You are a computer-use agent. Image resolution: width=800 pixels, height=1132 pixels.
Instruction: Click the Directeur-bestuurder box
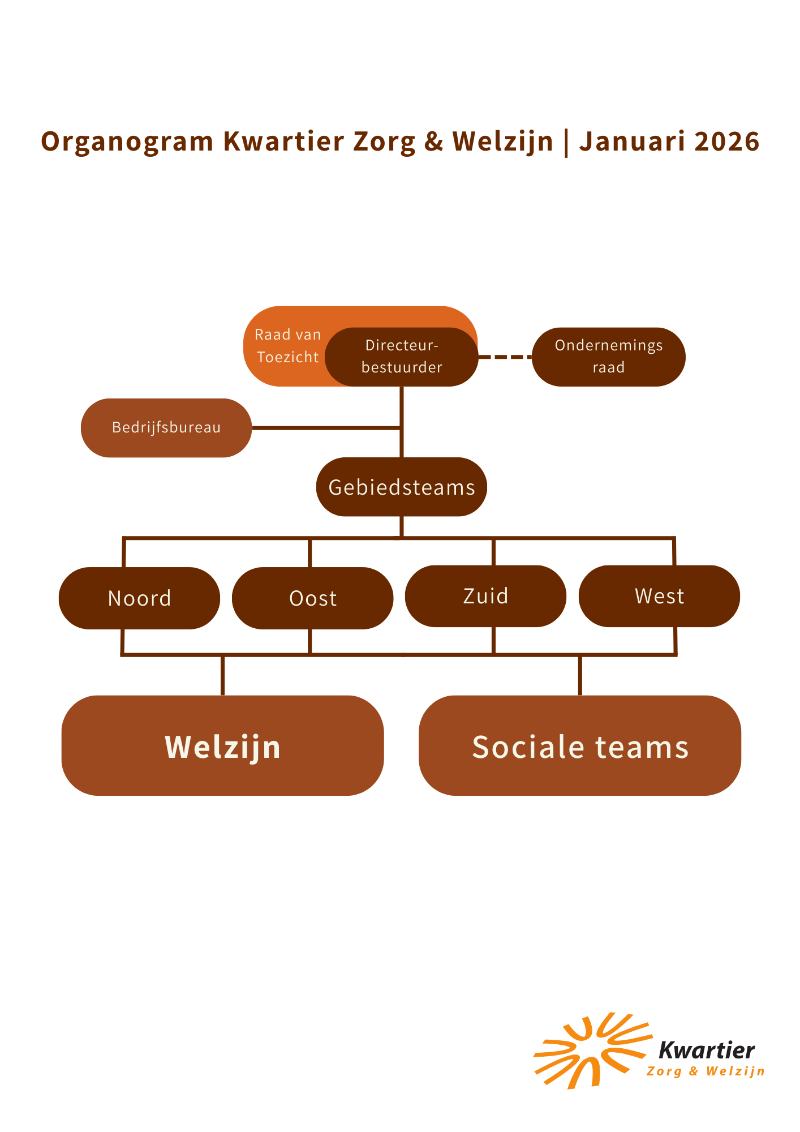[x=402, y=357]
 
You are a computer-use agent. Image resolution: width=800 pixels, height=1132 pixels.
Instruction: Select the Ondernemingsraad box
[x=608, y=357]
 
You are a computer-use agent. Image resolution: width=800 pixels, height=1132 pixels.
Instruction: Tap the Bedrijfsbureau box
[x=166, y=428]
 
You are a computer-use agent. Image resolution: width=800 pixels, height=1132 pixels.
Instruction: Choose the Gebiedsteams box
[x=401, y=487]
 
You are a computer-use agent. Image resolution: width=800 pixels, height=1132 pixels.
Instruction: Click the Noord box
[x=139, y=598]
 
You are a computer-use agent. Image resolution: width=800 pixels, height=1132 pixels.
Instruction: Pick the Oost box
[x=312, y=598]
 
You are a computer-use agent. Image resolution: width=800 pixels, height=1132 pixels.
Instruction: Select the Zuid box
[x=485, y=596]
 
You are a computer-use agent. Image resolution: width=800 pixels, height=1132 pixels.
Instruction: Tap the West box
[x=659, y=596]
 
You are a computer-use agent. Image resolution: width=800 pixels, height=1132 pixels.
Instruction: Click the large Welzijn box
[x=222, y=745]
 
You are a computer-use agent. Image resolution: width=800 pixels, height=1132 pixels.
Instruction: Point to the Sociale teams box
[x=580, y=745]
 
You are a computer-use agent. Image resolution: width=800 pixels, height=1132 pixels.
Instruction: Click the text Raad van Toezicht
[x=287, y=346]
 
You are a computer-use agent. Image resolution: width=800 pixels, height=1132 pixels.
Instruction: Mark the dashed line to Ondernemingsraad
[x=505, y=357]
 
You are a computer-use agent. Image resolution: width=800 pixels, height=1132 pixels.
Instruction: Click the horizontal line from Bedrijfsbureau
[x=325, y=428]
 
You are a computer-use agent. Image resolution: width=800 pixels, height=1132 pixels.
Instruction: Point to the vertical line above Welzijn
[x=222, y=675]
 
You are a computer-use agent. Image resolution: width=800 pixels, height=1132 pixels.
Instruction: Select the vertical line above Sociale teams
[x=580, y=675]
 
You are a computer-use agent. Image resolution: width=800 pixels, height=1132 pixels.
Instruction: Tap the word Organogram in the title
[x=127, y=141]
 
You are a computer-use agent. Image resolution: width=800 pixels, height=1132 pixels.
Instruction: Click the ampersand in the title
[x=433, y=141]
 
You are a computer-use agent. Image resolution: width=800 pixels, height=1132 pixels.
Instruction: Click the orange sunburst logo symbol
[x=588, y=1052]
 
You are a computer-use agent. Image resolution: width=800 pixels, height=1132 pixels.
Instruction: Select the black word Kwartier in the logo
[x=707, y=1050]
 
